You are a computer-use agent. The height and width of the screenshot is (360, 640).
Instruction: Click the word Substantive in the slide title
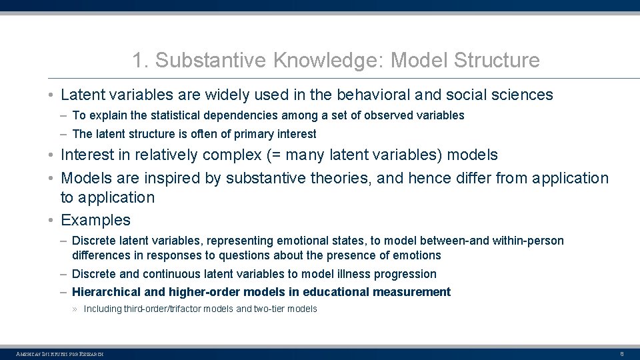[x=211, y=61]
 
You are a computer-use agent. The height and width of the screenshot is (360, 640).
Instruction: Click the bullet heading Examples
[x=95, y=220]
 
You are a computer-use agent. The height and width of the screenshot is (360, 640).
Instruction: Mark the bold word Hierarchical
[x=107, y=292]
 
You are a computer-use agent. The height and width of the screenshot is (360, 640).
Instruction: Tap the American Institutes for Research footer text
[x=60, y=353]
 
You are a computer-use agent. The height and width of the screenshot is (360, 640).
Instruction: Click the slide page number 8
[x=621, y=353]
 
